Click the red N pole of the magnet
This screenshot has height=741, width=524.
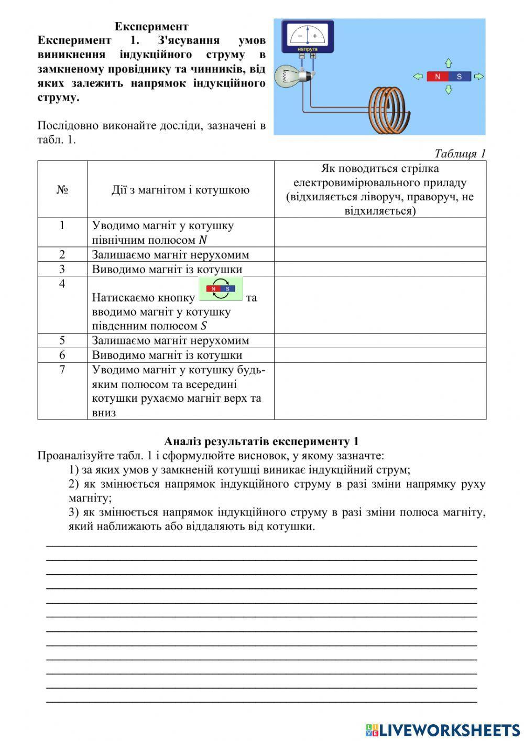tap(438, 77)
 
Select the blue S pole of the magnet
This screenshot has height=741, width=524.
tap(460, 77)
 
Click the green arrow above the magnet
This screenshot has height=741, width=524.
tap(449, 63)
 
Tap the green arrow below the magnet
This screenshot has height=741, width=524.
tap(449, 90)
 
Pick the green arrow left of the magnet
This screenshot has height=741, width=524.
tap(418, 77)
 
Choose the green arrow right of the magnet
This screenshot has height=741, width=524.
tap(479, 77)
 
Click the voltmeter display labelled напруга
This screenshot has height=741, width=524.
tap(308, 37)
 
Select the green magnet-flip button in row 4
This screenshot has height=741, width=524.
tap(221, 289)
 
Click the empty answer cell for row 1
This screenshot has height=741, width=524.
tap(380, 232)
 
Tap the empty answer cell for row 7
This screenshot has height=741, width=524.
tap(380, 391)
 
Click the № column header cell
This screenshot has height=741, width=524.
tap(62, 189)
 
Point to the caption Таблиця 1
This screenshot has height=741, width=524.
tap(460, 153)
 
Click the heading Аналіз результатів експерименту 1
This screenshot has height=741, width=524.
tap(261, 441)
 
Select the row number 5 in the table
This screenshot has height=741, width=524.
tap(62, 340)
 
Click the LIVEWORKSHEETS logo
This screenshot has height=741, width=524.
tap(443, 729)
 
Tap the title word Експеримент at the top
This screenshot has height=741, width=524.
tap(151, 26)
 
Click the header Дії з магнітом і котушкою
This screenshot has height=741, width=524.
tap(180, 190)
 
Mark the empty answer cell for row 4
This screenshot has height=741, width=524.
tap(380, 305)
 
